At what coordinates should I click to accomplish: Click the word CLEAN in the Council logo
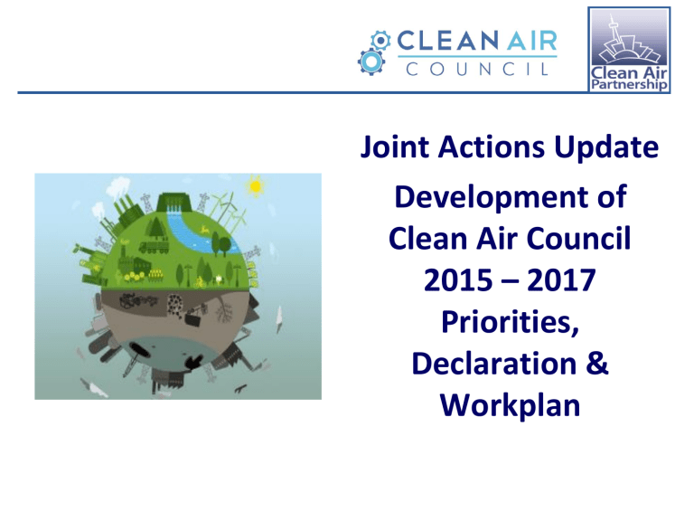click(447, 41)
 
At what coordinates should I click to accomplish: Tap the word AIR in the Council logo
click(531, 41)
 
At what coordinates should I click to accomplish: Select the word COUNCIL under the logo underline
click(477, 69)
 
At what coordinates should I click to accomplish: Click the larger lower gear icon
click(370, 62)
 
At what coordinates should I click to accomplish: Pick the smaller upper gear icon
click(380, 41)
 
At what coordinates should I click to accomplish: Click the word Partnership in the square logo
click(629, 84)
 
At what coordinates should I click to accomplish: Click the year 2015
click(458, 280)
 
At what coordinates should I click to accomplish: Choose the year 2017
click(561, 280)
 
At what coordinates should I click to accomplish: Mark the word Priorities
click(510, 322)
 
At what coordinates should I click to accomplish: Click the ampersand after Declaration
click(597, 364)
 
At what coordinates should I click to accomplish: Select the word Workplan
click(510, 406)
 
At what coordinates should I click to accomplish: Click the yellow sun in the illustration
click(256, 186)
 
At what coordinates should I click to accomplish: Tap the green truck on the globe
click(154, 246)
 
